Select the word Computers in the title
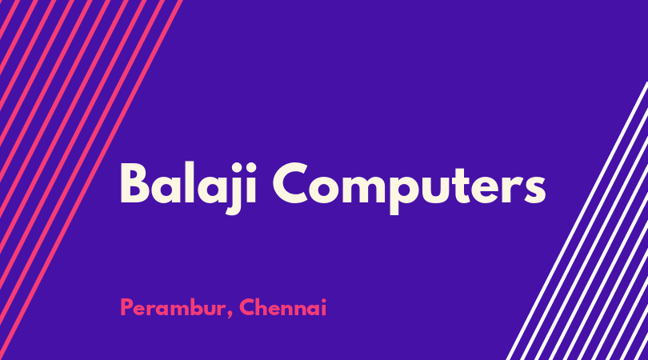pos(409,188)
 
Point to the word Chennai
pos(283,307)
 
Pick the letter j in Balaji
pos(234,189)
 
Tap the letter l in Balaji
pos(190,182)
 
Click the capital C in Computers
pos(290,183)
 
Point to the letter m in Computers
pos(362,189)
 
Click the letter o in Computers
pos(324,190)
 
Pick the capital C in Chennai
pos(247,307)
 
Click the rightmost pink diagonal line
pos(91,180)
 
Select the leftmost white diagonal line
pos(578,221)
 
